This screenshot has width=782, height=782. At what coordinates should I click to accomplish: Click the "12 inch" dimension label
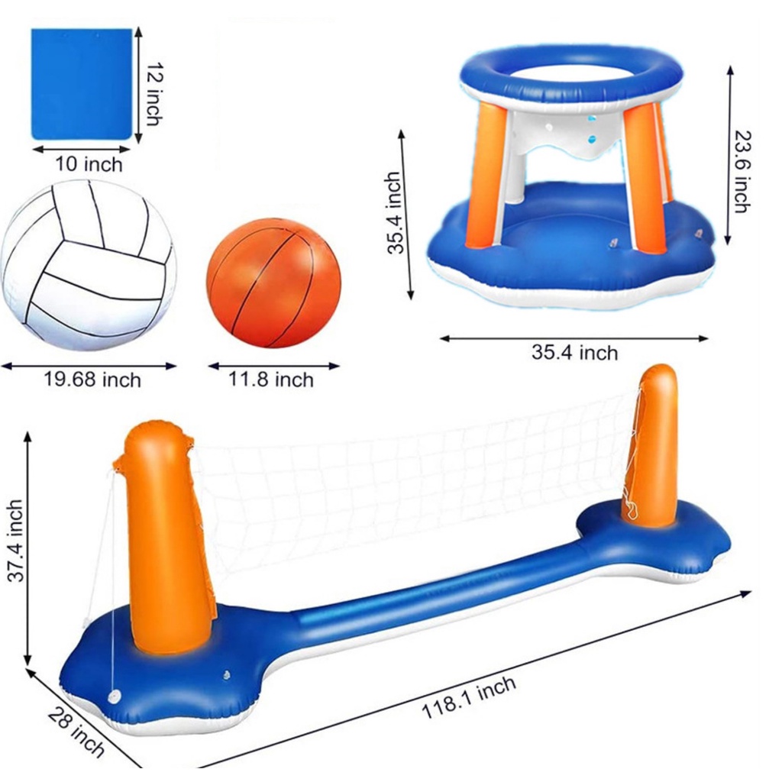coord(154,93)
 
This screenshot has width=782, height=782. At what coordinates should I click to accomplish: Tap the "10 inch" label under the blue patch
coord(89,164)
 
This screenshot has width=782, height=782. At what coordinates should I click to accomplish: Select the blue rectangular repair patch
coord(81,84)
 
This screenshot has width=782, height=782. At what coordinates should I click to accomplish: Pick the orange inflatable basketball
coord(274,283)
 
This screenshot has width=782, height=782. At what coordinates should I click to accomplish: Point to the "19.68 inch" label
coord(92,380)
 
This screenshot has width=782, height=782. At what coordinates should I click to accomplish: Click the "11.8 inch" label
coord(271,380)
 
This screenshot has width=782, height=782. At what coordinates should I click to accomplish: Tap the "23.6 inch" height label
coord(742,172)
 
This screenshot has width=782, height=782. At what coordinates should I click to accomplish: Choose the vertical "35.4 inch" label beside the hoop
coord(395,213)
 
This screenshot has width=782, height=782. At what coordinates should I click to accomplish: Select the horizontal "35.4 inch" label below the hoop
coord(574,353)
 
